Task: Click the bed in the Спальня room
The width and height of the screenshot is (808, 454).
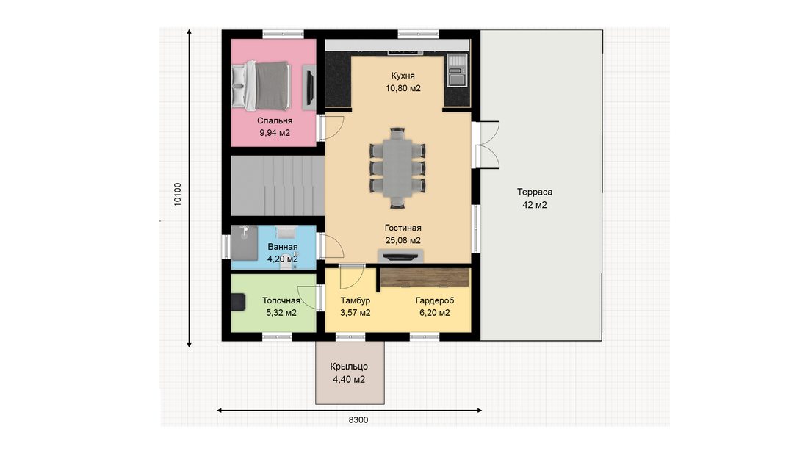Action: pos(261,85)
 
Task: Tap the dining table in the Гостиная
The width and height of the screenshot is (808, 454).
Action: pos(397,168)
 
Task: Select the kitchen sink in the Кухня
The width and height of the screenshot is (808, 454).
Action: pos(457,70)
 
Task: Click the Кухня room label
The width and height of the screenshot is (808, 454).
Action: pos(403,76)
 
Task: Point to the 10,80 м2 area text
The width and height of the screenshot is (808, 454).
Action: pos(403,88)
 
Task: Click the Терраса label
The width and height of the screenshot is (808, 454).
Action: pos(535,192)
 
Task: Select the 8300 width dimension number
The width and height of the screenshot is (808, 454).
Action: pos(358,420)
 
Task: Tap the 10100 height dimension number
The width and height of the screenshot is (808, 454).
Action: pos(178,194)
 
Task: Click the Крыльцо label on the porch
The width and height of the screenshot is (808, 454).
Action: pos(349,367)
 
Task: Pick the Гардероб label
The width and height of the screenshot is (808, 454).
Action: pos(435,300)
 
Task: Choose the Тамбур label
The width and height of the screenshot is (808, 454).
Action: pos(355,300)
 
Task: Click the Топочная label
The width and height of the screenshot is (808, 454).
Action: pos(281,300)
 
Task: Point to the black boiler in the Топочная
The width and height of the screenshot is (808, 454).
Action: pos(238,302)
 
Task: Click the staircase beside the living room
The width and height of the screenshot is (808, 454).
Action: pos(278,186)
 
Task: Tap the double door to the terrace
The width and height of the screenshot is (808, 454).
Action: pos(486,145)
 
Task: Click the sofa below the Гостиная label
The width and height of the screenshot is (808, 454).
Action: pos(400,256)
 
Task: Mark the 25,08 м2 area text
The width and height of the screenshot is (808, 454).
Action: pos(403,240)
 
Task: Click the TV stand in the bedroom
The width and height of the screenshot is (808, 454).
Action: pos(309,87)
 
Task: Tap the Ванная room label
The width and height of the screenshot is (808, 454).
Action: pos(282,247)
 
